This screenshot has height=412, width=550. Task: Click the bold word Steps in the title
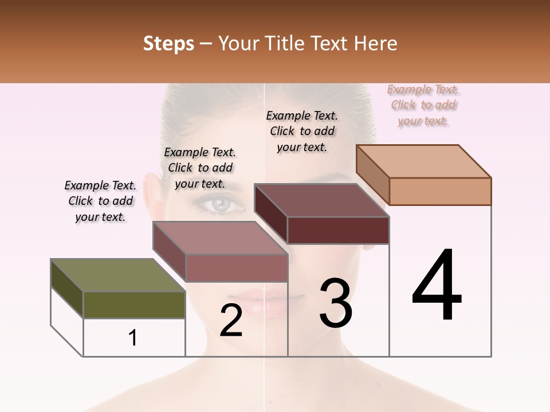click(x=168, y=43)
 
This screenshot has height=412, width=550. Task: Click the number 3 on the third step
click(x=336, y=303)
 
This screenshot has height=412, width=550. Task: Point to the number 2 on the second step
click(x=231, y=320)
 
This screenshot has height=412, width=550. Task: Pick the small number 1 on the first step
click(x=133, y=338)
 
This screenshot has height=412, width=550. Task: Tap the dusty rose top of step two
click(x=220, y=238)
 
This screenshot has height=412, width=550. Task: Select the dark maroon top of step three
click(x=321, y=201)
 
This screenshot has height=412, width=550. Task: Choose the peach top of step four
click(x=424, y=161)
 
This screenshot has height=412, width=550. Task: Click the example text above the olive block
click(x=100, y=201)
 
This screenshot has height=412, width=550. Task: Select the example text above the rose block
click(x=200, y=168)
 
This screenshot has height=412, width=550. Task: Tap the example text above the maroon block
click(x=302, y=131)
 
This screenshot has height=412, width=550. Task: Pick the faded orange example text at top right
click(x=423, y=105)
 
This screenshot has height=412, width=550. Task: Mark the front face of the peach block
click(x=440, y=191)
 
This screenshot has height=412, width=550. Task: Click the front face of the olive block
click(x=134, y=304)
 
